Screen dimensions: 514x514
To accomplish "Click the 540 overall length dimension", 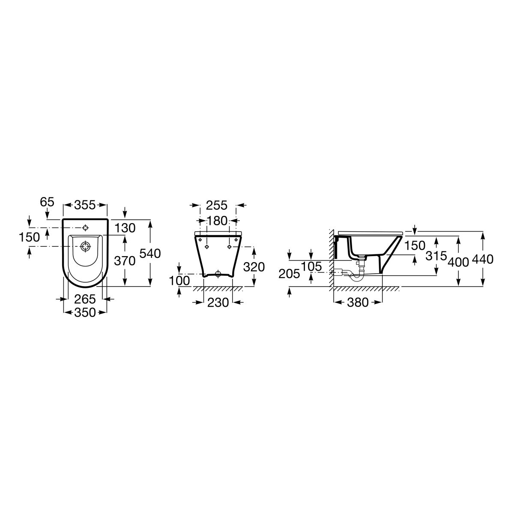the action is click(150, 254).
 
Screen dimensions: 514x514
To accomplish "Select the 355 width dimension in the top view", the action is click(85, 205).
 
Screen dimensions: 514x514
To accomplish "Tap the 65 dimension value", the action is click(47, 202).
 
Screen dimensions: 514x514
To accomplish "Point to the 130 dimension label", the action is click(125, 228).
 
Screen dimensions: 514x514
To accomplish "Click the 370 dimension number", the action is click(125, 261).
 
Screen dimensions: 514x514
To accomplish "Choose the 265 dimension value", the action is click(85, 299).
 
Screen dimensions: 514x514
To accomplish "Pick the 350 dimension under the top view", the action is click(85, 312).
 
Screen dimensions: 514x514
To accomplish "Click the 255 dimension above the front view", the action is click(217, 206).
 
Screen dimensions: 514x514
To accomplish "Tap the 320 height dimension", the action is click(254, 267).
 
